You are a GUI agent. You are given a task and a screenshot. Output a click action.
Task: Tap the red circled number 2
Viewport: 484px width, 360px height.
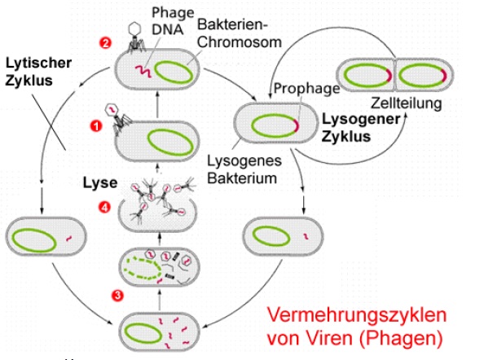click(x=105, y=42)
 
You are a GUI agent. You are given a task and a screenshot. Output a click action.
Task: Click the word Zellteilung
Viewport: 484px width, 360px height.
click(x=405, y=103)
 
